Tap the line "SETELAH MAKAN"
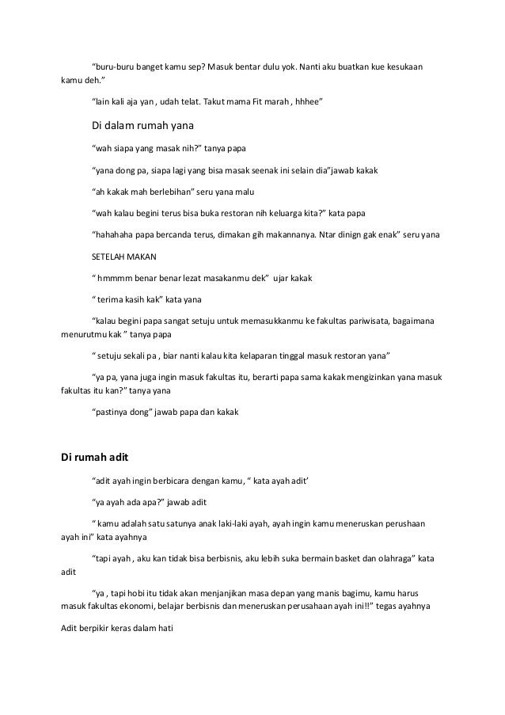pos(125,257)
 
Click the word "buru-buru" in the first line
pos(113,65)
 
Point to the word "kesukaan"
pos(403,65)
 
